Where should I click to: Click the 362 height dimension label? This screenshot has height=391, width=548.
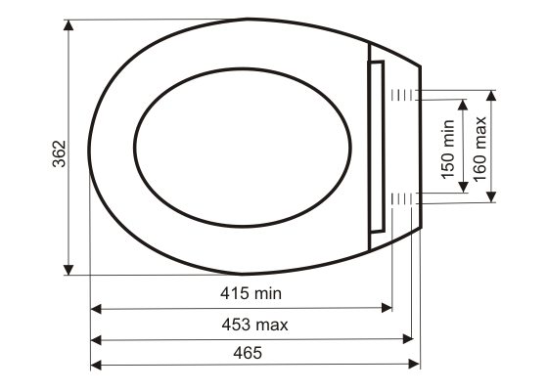pos(59,154)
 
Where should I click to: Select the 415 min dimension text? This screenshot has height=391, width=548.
pos(251,293)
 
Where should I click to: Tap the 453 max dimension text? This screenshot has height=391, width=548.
pos(254,325)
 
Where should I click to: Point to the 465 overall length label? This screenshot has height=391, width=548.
pos(248,353)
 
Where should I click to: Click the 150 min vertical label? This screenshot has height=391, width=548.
pos(448,150)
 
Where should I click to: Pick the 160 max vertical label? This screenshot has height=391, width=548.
pos(479,149)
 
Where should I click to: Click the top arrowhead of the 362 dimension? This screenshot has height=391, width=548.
pos(68,25)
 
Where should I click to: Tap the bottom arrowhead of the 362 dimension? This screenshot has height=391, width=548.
pos(68,270)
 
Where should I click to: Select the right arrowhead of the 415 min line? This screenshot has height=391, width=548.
pos(387,308)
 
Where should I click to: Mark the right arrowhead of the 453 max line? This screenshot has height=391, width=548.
pos(408,338)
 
